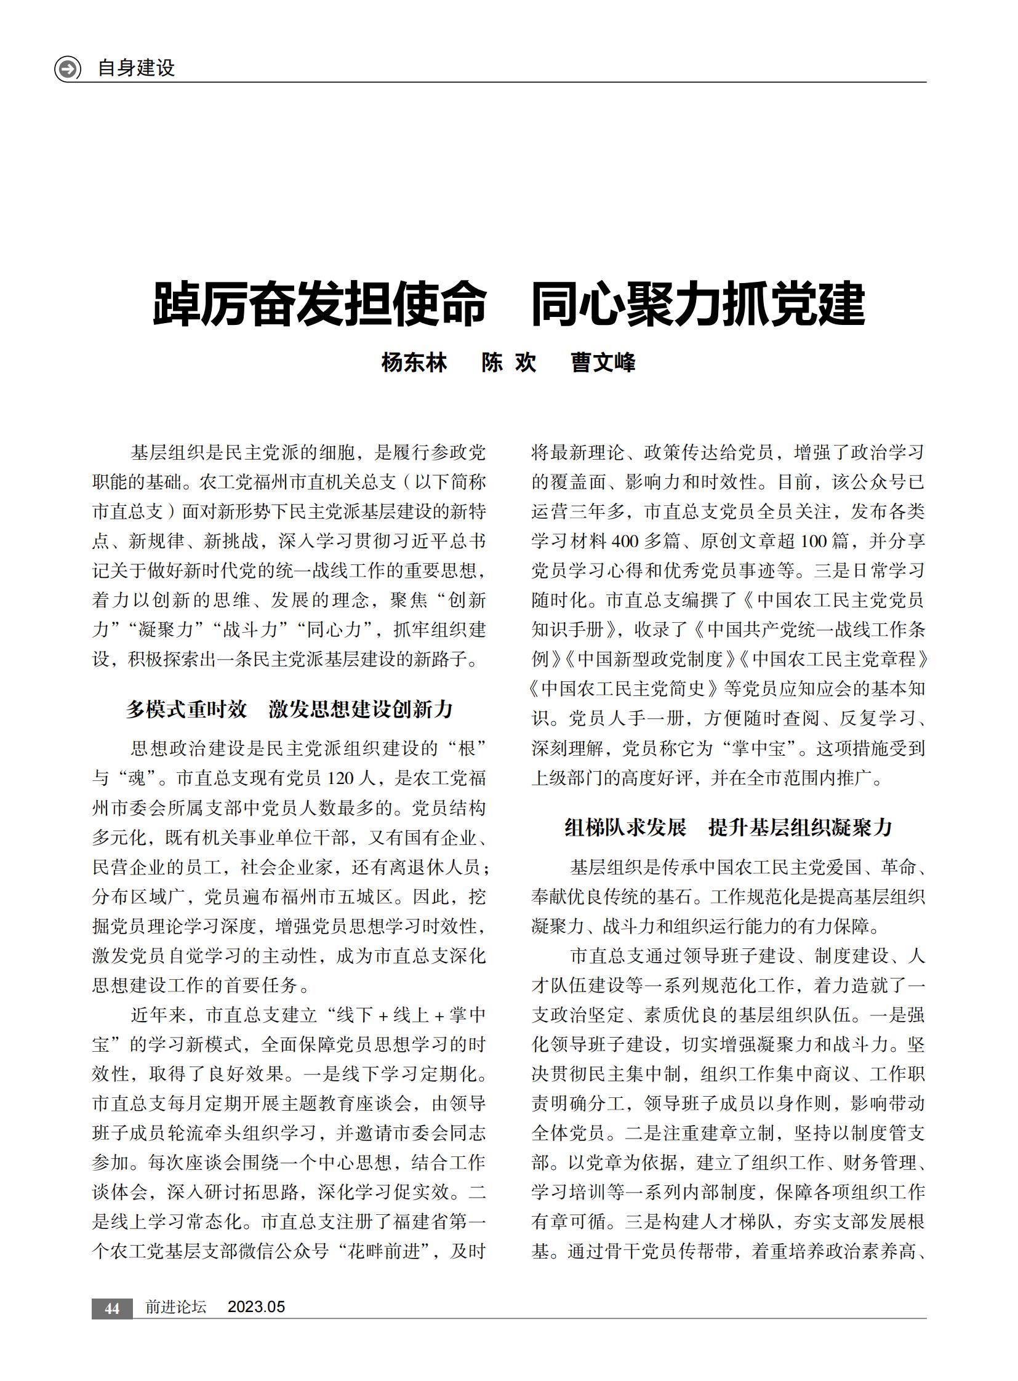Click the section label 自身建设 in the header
pos(136,68)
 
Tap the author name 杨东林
pos(414,362)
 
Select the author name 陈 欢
pos(509,362)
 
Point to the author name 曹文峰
pos(603,362)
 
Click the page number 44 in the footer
pos(112,1308)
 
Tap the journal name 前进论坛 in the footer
pos(175,1307)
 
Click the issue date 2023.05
pos(257,1307)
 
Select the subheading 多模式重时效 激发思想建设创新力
pos(290,710)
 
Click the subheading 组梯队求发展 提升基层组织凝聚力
pos(728,827)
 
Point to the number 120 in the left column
pos(342,779)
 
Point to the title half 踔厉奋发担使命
pos(320,304)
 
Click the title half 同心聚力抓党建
pos(698,304)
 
